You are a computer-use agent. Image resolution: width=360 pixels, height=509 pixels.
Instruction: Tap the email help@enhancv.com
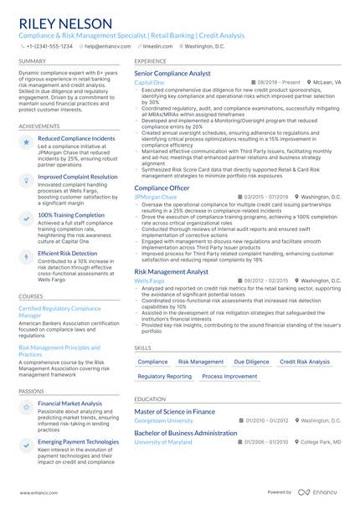(103, 47)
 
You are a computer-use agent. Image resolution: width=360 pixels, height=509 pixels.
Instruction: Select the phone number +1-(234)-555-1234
(49, 47)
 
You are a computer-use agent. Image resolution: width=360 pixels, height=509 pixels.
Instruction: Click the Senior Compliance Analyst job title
(172, 74)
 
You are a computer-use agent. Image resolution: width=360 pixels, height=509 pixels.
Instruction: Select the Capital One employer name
(149, 83)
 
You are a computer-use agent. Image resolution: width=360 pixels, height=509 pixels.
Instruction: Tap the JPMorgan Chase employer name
(156, 197)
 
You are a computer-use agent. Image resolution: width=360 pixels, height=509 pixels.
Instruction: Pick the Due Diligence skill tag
(251, 362)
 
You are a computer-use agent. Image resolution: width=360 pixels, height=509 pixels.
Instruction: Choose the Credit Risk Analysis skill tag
(305, 362)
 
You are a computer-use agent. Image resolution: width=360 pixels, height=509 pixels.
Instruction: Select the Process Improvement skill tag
(229, 377)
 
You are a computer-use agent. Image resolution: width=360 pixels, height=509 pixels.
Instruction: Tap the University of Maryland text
(162, 441)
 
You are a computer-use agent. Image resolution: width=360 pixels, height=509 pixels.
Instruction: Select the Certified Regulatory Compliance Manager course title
(59, 311)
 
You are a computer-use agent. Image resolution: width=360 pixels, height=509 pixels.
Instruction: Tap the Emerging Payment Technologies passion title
(79, 441)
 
